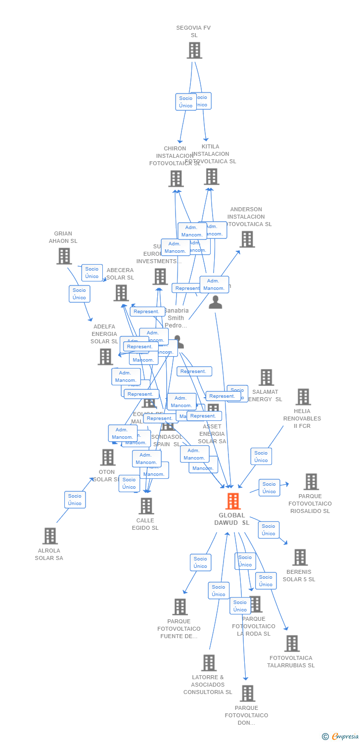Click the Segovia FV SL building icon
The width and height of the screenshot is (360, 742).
click(x=194, y=50)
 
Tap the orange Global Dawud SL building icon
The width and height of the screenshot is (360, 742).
click(x=232, y=501)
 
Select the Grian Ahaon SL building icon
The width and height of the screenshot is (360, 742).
click(x=64, y=256)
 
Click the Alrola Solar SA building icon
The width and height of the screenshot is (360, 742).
click(x=50, y=536)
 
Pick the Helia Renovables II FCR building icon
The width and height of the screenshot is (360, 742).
click(x=303, y=397)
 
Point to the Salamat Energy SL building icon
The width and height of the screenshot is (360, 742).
click(x=266, y=377)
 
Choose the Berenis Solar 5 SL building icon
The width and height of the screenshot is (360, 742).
click(x=300, y=557)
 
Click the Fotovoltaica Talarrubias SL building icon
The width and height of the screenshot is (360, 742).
click(x=292, y=644)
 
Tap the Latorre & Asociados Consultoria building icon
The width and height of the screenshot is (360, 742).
click(x=209, y=663)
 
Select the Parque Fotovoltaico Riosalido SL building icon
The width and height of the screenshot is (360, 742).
click(x=311, y=482)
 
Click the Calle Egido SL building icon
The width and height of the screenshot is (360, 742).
click(x=146, y=506)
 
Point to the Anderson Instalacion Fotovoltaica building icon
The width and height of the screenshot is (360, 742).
click(x=247, y=239)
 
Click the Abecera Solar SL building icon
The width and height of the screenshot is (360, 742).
click(x=121, y=293)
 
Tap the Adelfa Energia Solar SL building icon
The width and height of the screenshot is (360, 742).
click(x=105, y=357)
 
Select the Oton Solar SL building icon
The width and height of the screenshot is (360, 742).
click(x=108, y=458)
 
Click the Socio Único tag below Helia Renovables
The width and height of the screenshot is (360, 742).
click(x=261, y=457)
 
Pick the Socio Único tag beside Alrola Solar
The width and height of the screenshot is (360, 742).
click(x=75, y=500)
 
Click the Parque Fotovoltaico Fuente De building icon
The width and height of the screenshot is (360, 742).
click(x=180, y=607)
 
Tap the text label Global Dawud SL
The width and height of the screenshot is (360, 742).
click(x=232, y=519)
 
